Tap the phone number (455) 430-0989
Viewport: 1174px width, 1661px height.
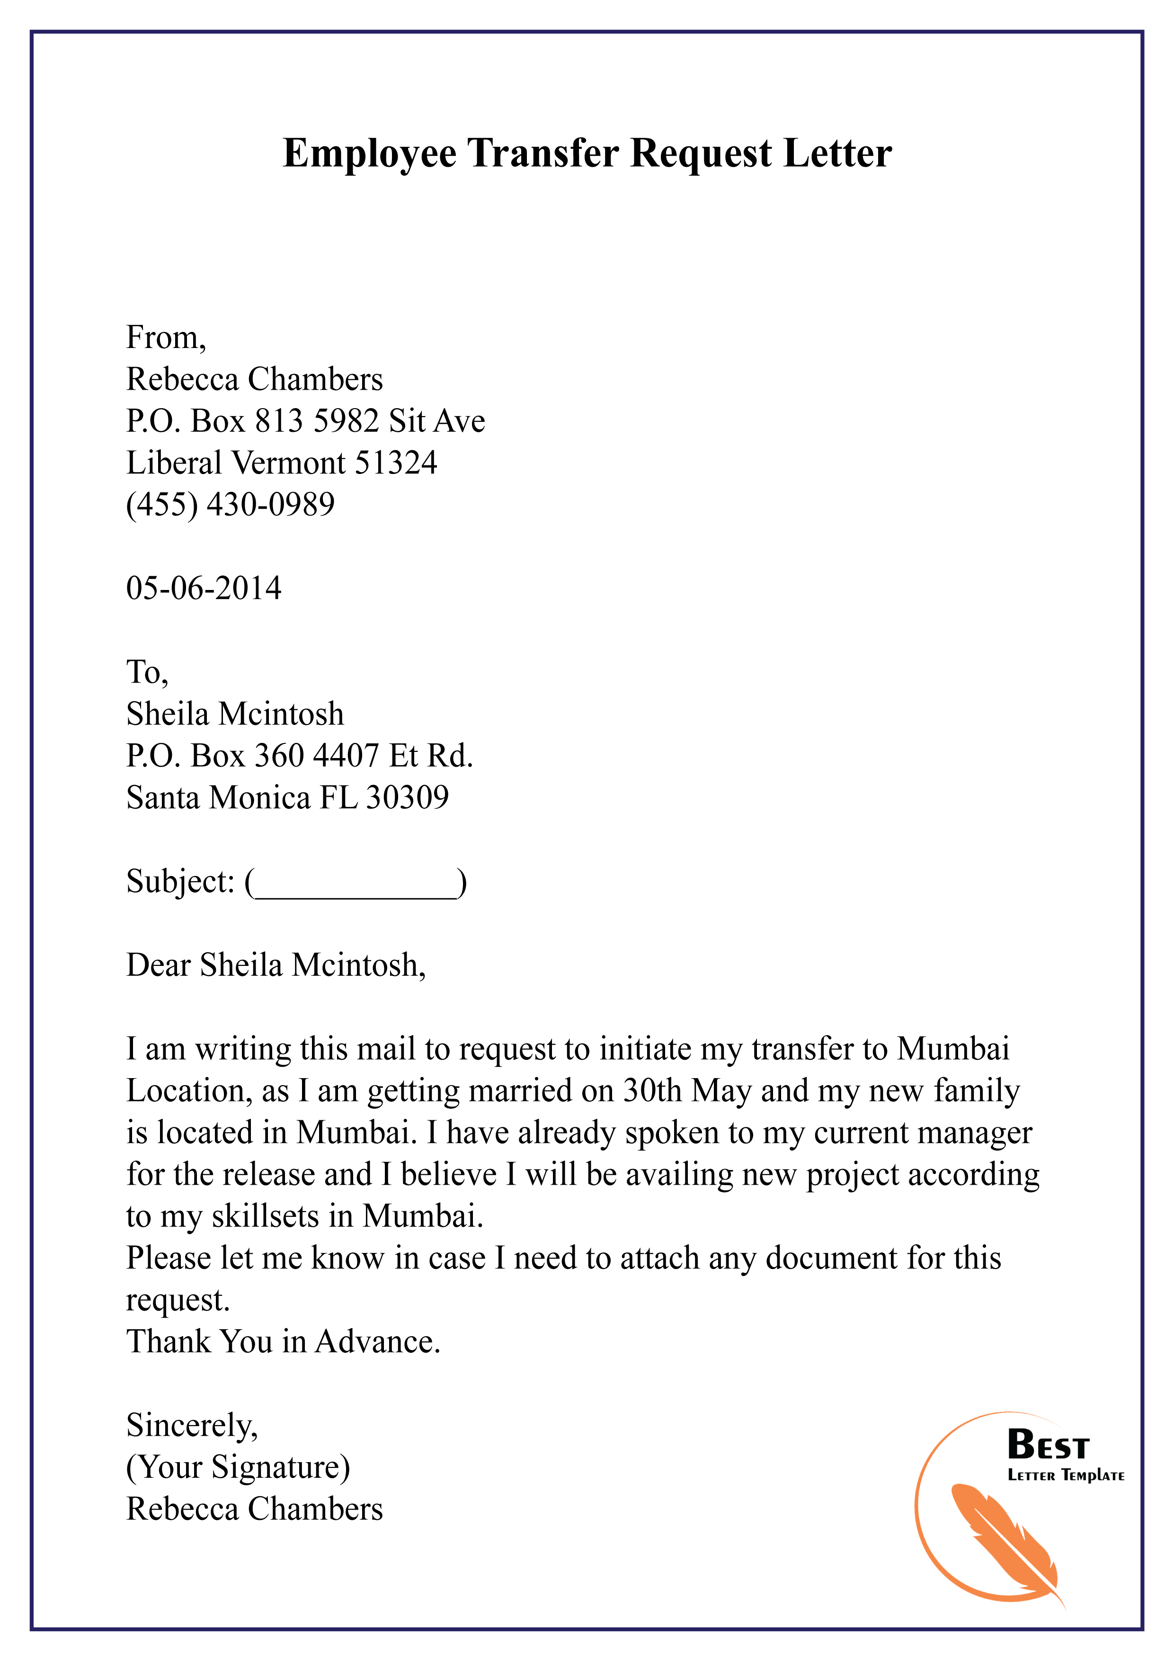pos(230,505)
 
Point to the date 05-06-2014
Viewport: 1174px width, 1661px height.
pos(203,588)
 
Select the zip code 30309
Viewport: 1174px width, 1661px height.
pos(407,798)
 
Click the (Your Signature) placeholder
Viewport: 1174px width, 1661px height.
pos(238,1467)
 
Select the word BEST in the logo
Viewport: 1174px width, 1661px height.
pos(1048,1446)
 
